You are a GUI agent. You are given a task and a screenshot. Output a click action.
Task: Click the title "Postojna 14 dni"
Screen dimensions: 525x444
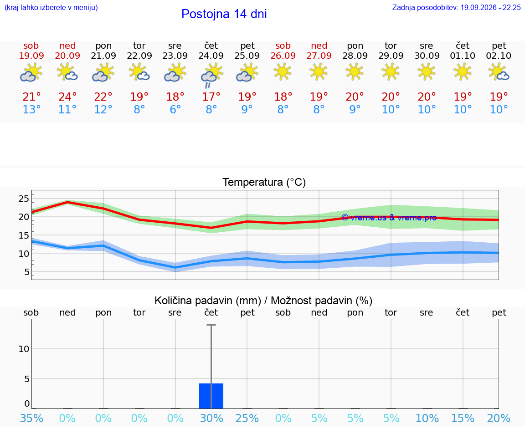[224, 14]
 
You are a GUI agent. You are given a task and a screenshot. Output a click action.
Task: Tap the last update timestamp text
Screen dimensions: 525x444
[456, 7]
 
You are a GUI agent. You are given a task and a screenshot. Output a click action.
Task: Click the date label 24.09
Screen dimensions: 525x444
[211, 56]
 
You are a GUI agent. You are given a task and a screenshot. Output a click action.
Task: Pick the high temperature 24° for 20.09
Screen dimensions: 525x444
[67, 97]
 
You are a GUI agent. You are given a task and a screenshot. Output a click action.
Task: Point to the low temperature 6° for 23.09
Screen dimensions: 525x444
[175, 109]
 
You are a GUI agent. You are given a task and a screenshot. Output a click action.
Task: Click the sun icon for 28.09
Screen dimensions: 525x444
[355, 72]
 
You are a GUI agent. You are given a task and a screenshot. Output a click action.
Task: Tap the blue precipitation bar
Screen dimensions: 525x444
[211, 396]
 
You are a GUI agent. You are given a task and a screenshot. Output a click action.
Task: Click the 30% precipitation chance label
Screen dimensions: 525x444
[211, 418]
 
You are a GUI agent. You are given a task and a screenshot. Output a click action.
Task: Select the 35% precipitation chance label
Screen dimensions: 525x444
[32, 418]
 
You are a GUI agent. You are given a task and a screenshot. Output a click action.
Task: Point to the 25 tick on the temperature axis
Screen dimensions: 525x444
[24, 199]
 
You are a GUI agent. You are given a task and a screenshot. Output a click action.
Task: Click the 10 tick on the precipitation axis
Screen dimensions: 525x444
[24, 349]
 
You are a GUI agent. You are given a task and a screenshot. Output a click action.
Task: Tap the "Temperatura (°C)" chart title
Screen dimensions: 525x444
[264, 182]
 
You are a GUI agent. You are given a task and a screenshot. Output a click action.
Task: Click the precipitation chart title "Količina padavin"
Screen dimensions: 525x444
[208, 301]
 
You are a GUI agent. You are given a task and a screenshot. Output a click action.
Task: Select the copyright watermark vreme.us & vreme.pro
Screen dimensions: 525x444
[389, 218]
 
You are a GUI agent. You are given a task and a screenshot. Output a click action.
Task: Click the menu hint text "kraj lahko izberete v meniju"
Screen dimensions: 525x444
[51, 7]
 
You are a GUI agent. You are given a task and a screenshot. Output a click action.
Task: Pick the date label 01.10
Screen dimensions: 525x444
[463, 56]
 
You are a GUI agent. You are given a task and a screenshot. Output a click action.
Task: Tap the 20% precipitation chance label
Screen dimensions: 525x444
[499, 418]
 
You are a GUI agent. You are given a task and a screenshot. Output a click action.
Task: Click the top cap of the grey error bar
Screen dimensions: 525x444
[211, 325]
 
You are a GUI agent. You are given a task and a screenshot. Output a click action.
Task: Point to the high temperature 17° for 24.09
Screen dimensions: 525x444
[211, 97]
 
